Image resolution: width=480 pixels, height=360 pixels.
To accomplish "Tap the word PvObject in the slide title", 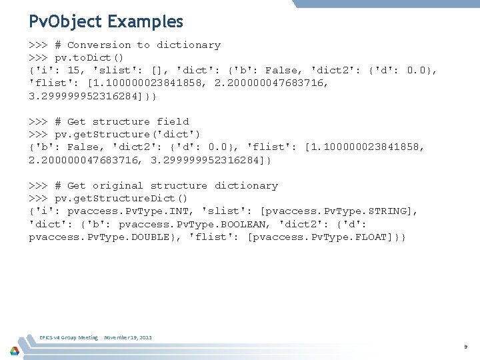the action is tap(65, 21).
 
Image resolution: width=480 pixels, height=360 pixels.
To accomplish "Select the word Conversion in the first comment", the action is tap(99, 45).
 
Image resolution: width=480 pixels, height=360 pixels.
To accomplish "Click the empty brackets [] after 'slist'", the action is tap(160, 71).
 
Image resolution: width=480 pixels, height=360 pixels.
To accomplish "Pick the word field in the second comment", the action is tap(173, 122).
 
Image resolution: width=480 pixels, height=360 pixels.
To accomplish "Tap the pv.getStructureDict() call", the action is tap(121, 199).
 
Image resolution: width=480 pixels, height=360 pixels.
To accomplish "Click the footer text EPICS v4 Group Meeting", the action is tap(69, 337).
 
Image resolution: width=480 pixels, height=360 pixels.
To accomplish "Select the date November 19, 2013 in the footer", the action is tap(128, 337).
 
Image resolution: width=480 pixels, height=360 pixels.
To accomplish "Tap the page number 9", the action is tap(466, 347).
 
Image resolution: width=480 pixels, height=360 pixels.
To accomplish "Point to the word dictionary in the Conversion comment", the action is tap(189, 45).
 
